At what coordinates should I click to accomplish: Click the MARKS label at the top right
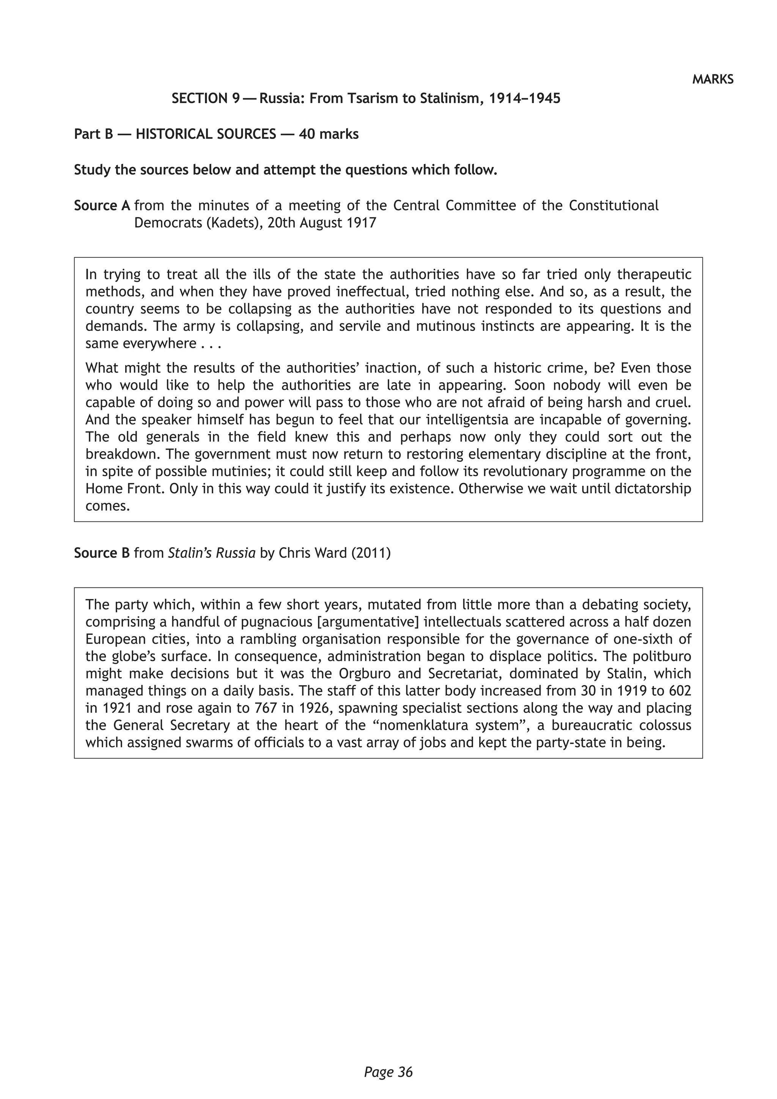tap(713, 79)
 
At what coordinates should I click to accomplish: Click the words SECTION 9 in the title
tap(205, 99)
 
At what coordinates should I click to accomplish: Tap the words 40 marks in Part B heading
tap(329, 134)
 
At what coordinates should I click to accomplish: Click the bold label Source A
tap(102, 206)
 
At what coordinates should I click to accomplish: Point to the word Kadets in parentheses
tap(232, 223)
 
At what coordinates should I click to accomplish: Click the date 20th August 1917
tap(321, 223)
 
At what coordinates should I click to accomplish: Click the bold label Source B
tap(102, 553)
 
